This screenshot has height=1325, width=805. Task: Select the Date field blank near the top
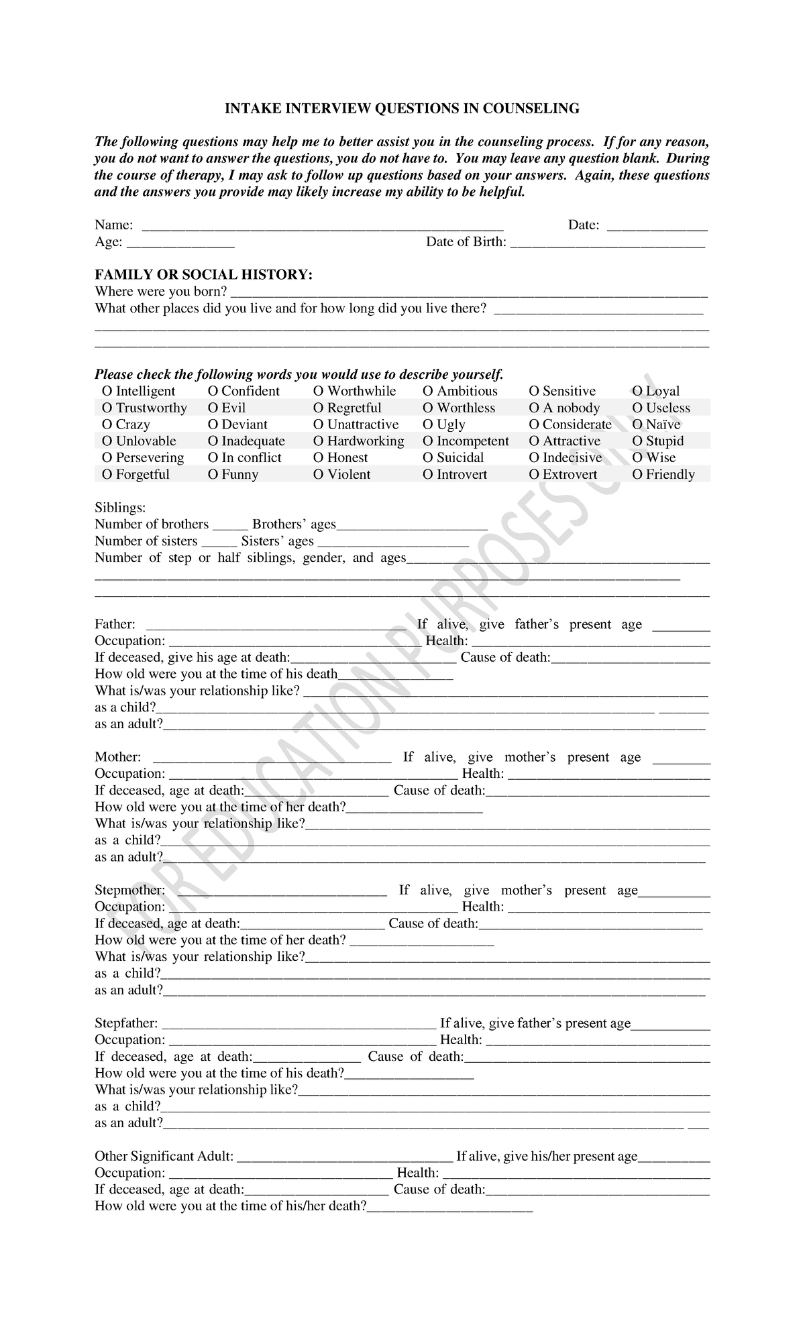tap(657, 227)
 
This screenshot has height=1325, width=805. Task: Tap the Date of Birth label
tap(466, 242)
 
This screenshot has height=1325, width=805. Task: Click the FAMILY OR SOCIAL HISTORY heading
tap(203, 275)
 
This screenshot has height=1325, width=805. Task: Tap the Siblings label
tap(120, 508)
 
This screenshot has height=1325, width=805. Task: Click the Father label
tap(115, 624)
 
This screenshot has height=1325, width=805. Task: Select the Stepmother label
tap(129, 890)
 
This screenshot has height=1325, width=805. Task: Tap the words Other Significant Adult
tap(164, 1157)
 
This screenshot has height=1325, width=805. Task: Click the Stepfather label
tap(126, 1024)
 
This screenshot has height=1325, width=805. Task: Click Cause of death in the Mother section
tap(439, 791)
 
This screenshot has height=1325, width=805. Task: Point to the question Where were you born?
tap(161, 292)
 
